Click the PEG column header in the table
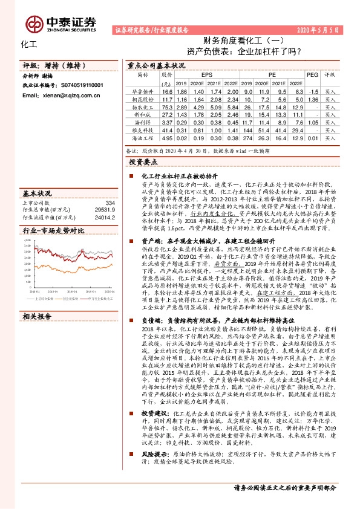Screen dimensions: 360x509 [312, 75]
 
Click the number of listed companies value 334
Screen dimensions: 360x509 [110, 203]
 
